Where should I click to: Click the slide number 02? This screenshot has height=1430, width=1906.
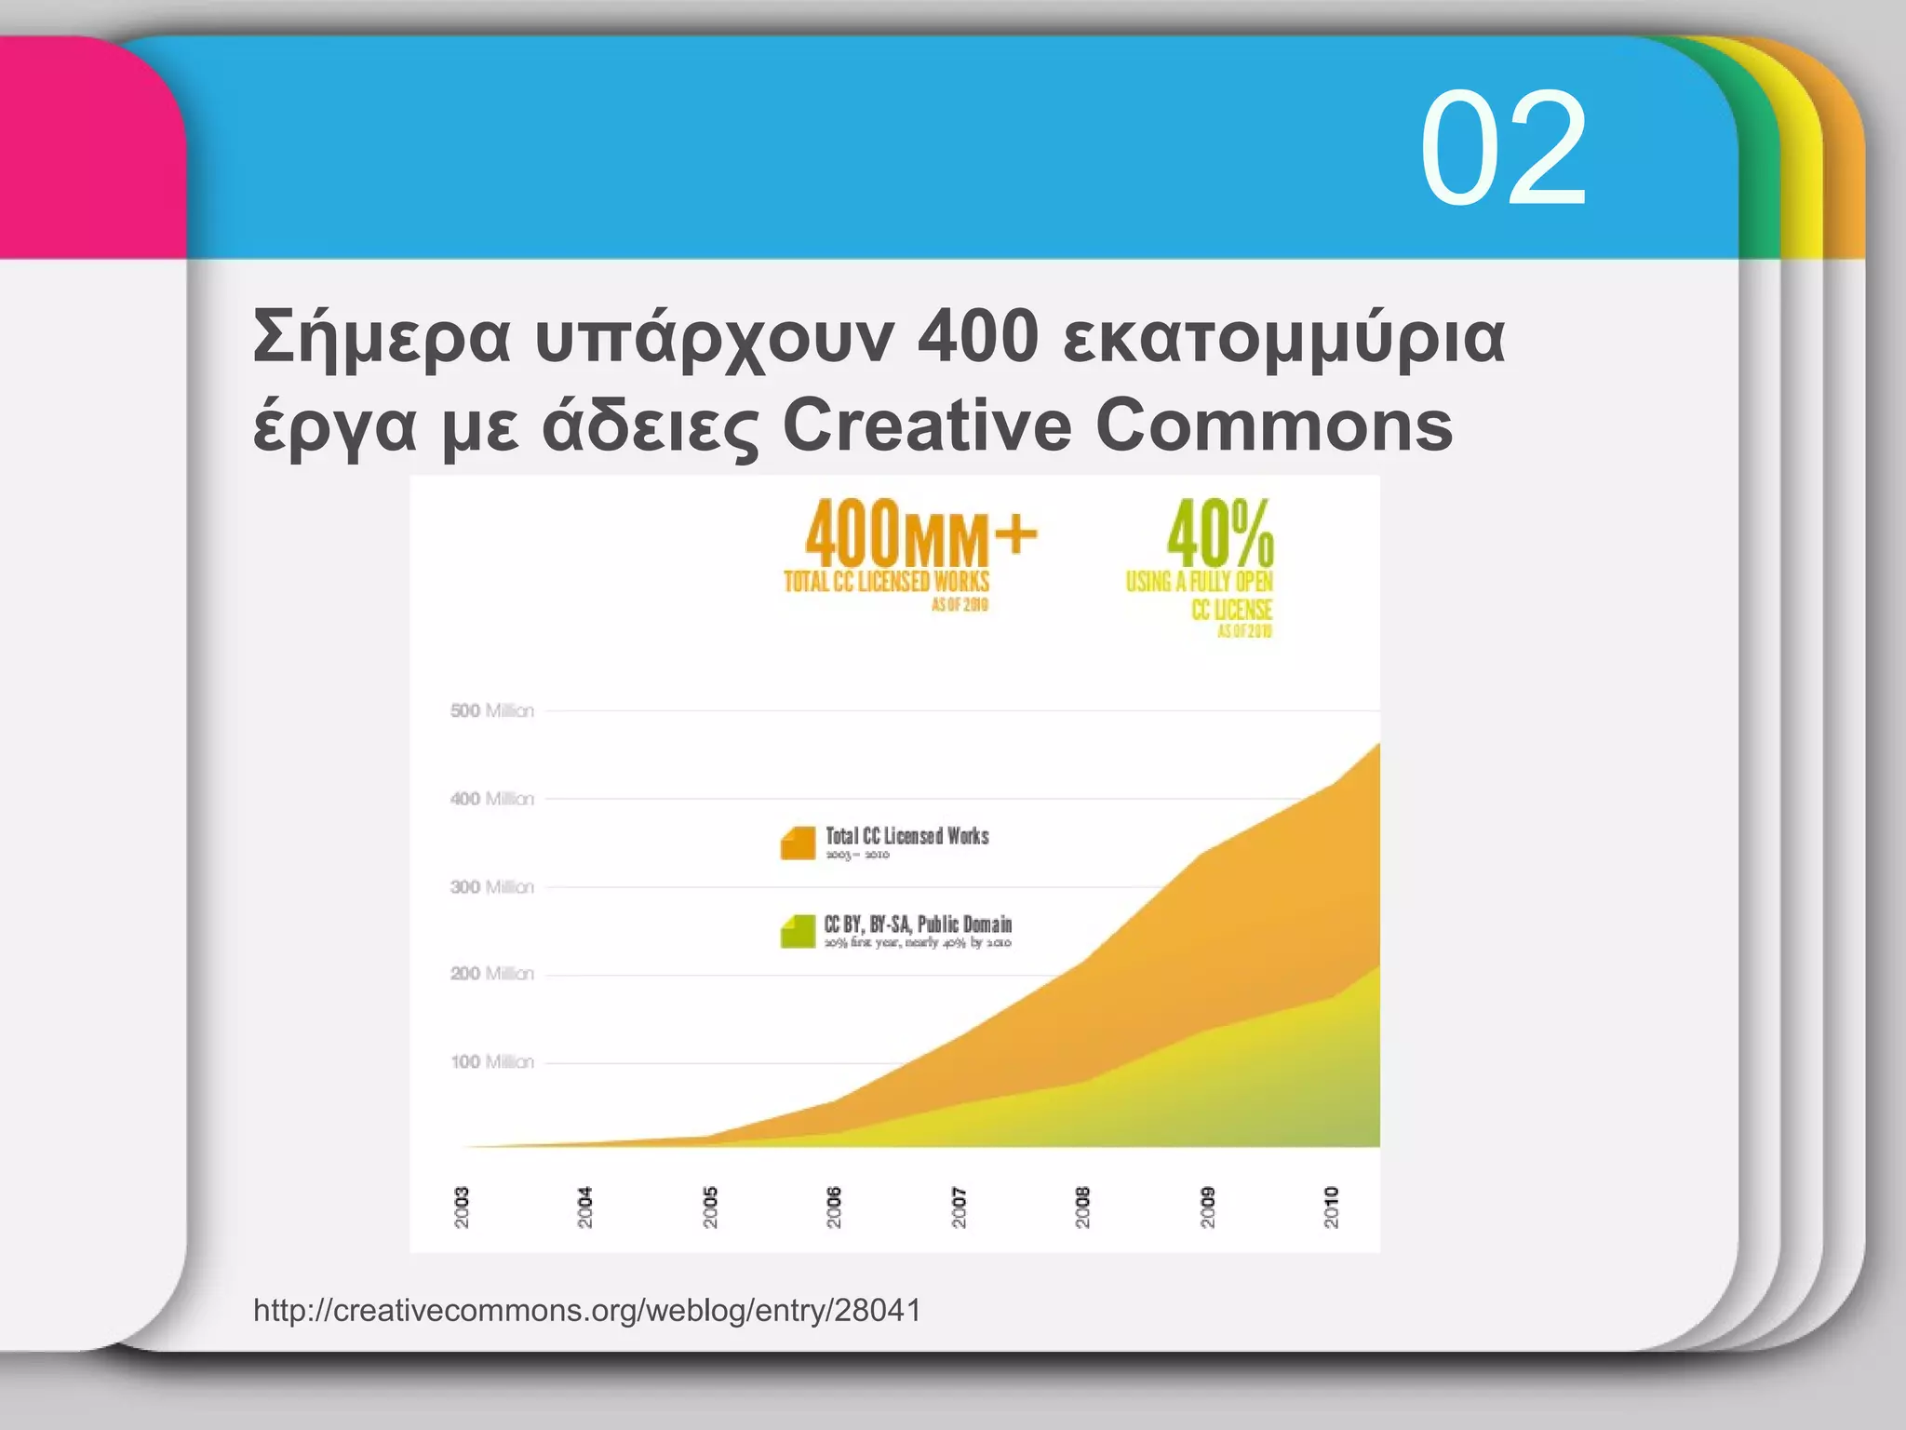point(1502,149)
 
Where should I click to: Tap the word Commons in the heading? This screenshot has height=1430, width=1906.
point(1273,425)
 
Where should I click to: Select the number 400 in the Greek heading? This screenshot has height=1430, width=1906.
point(977,337)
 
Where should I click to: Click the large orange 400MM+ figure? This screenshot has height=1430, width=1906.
point(919,533)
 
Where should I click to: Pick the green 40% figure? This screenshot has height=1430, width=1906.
point(1220,533)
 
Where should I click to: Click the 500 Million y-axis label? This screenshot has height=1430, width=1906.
point(492,711)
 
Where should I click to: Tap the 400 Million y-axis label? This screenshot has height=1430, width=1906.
point(492,799)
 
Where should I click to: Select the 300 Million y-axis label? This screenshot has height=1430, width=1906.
point(492,887)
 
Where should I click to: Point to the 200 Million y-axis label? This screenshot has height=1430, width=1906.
point(492,974)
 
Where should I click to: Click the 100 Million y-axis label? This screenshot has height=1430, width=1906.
point(492,1062)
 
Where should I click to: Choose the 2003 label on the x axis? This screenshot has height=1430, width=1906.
point(462,1207)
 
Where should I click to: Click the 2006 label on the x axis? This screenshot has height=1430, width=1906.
point(834,1207)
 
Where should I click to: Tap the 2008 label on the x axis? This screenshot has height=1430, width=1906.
point(1082,1207)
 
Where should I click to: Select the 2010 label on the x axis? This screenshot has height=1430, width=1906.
point(1332,1207)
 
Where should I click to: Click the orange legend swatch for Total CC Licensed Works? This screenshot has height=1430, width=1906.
point(798,843)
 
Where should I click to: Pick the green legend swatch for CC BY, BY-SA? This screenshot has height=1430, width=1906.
point(798,931)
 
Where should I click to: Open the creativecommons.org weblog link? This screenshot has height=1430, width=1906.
point(587,1311)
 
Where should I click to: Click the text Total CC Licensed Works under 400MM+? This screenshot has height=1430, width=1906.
point(886,582)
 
